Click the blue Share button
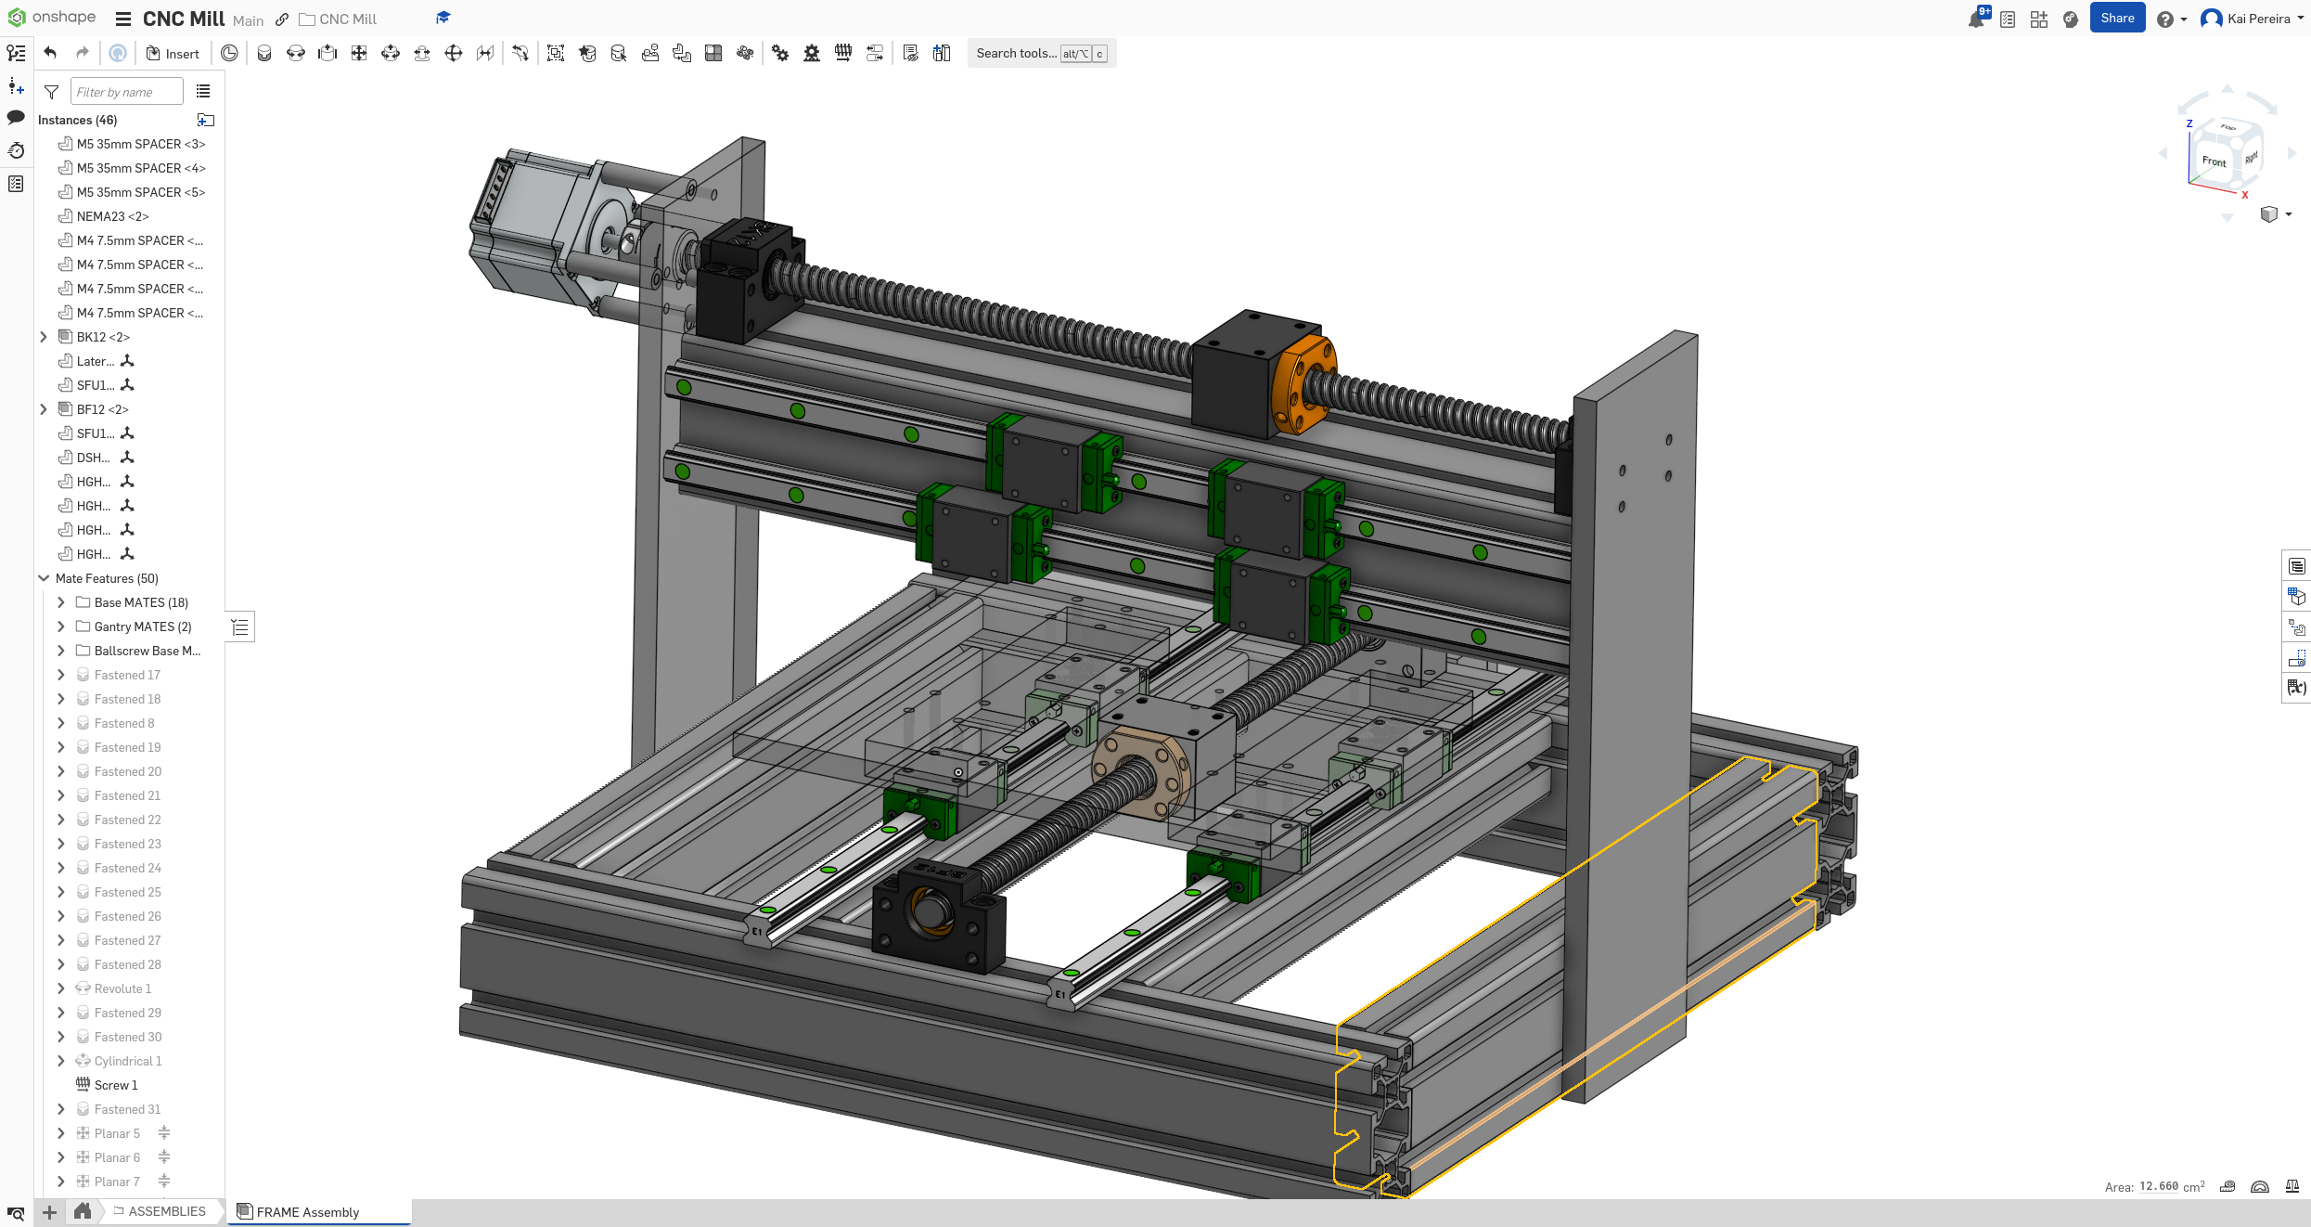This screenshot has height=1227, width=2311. [2116, 19]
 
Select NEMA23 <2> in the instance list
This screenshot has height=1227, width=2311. [112, 216]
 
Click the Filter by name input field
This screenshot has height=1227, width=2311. [126, 92]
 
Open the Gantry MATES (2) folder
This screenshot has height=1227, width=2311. [142, 626]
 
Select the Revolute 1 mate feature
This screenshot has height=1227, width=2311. [122, 988]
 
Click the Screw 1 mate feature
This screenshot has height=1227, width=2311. [115, 1085]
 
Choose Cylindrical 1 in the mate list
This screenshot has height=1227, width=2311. [127, 1061]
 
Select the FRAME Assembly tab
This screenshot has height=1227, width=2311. [307, 1212]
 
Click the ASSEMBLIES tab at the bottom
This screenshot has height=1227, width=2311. [166, 1211]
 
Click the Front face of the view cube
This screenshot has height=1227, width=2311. [2214, 161]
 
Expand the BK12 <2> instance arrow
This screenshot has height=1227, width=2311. [44, 337]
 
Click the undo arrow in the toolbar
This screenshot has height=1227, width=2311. [51, 54]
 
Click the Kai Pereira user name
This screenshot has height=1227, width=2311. [2258, 19]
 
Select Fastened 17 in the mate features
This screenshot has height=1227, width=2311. [127, 675]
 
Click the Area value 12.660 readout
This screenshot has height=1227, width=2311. [2158, 1186]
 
